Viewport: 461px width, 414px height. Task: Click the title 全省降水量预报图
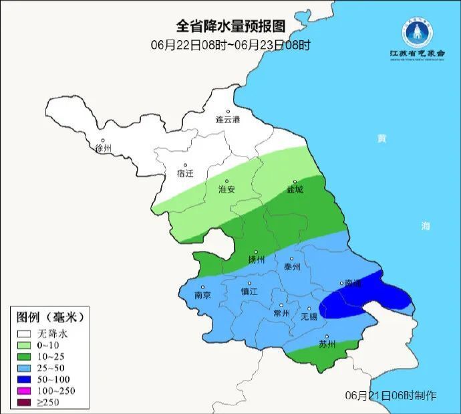click(230, 26)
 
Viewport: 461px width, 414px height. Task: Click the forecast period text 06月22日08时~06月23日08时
click(230, 45)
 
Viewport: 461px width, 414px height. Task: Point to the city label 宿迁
click(184, 173)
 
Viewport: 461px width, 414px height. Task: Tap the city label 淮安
click(227, 189)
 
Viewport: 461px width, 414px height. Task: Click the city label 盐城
click(295, 189)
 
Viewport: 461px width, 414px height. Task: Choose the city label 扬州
click(257, 260)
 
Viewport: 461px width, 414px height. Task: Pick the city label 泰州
click(293, 266)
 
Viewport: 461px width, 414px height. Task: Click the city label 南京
click(202, 295)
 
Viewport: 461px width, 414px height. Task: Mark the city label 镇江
click(249, 292)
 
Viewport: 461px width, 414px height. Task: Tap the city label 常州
click(282, 314)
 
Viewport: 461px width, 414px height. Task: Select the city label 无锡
click(309, 316)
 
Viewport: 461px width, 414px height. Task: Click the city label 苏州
click(327, 345)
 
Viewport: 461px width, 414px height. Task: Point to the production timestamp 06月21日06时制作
click(391, 396)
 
